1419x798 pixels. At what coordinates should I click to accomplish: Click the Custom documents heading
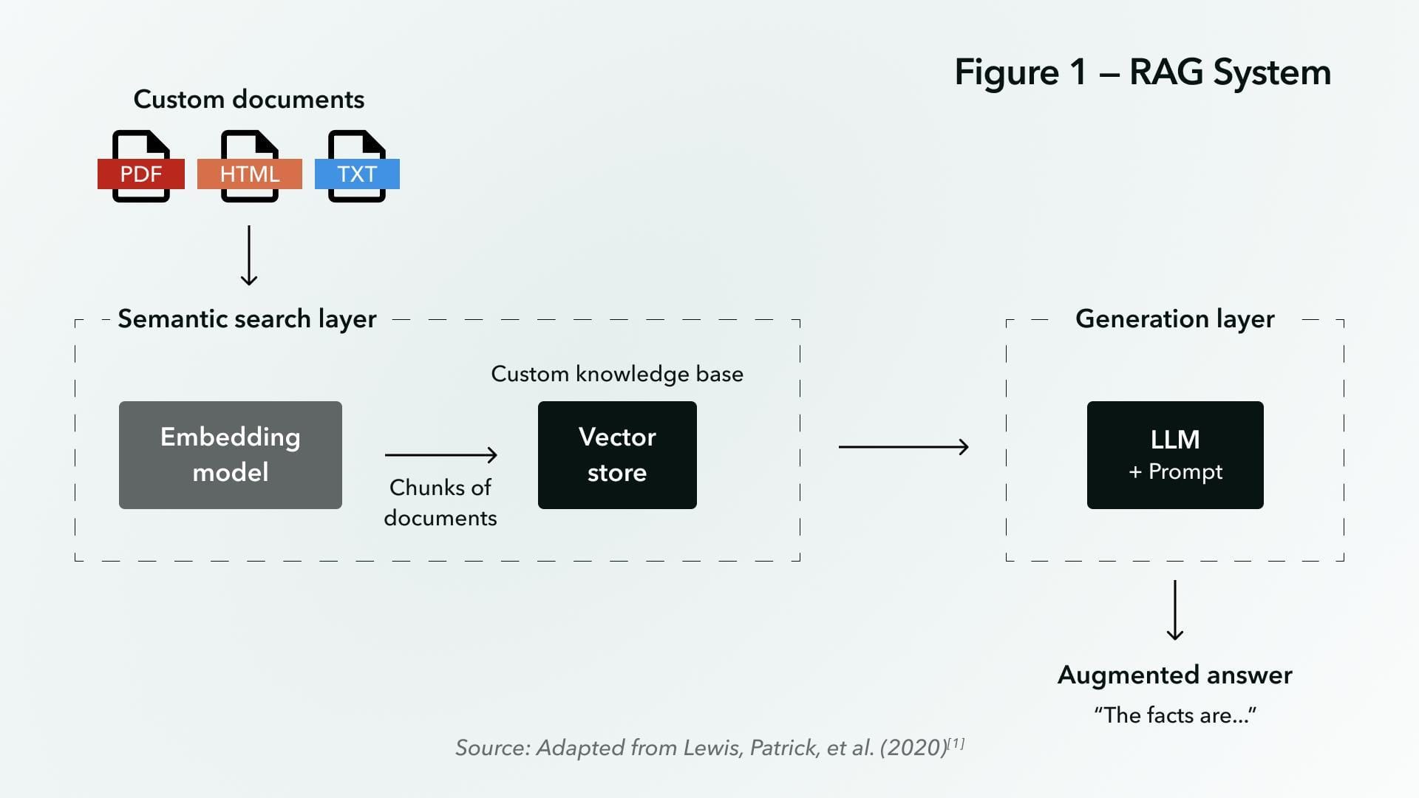(x=248, y=99)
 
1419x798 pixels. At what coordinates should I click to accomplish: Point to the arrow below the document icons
(x=249, y=256)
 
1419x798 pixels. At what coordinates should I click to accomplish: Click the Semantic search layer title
(x=247, y=319)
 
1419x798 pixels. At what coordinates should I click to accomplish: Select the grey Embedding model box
(x=230, y=454)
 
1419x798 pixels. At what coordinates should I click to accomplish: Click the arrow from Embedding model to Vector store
(x=440, y=454)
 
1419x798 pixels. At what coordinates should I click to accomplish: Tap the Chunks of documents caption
(x=440, y=502)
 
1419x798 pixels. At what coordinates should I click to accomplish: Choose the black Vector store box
(x=617, y=454)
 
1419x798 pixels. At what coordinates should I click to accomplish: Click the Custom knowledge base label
(x=617, y=374)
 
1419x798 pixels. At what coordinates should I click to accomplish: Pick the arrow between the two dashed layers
(x=903, y=446)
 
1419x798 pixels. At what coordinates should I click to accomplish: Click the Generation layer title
(x=1174, y=319)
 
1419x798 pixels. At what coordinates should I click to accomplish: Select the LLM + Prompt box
(x=1174, y=454)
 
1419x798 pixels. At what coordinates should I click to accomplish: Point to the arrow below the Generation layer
(x=1174, y=610)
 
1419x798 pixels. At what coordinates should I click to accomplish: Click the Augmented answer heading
(x=1174, y=675)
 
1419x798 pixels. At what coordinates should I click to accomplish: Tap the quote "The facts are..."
(x=1174, y=715)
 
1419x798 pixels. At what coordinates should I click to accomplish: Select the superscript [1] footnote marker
(x=956, y=743)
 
